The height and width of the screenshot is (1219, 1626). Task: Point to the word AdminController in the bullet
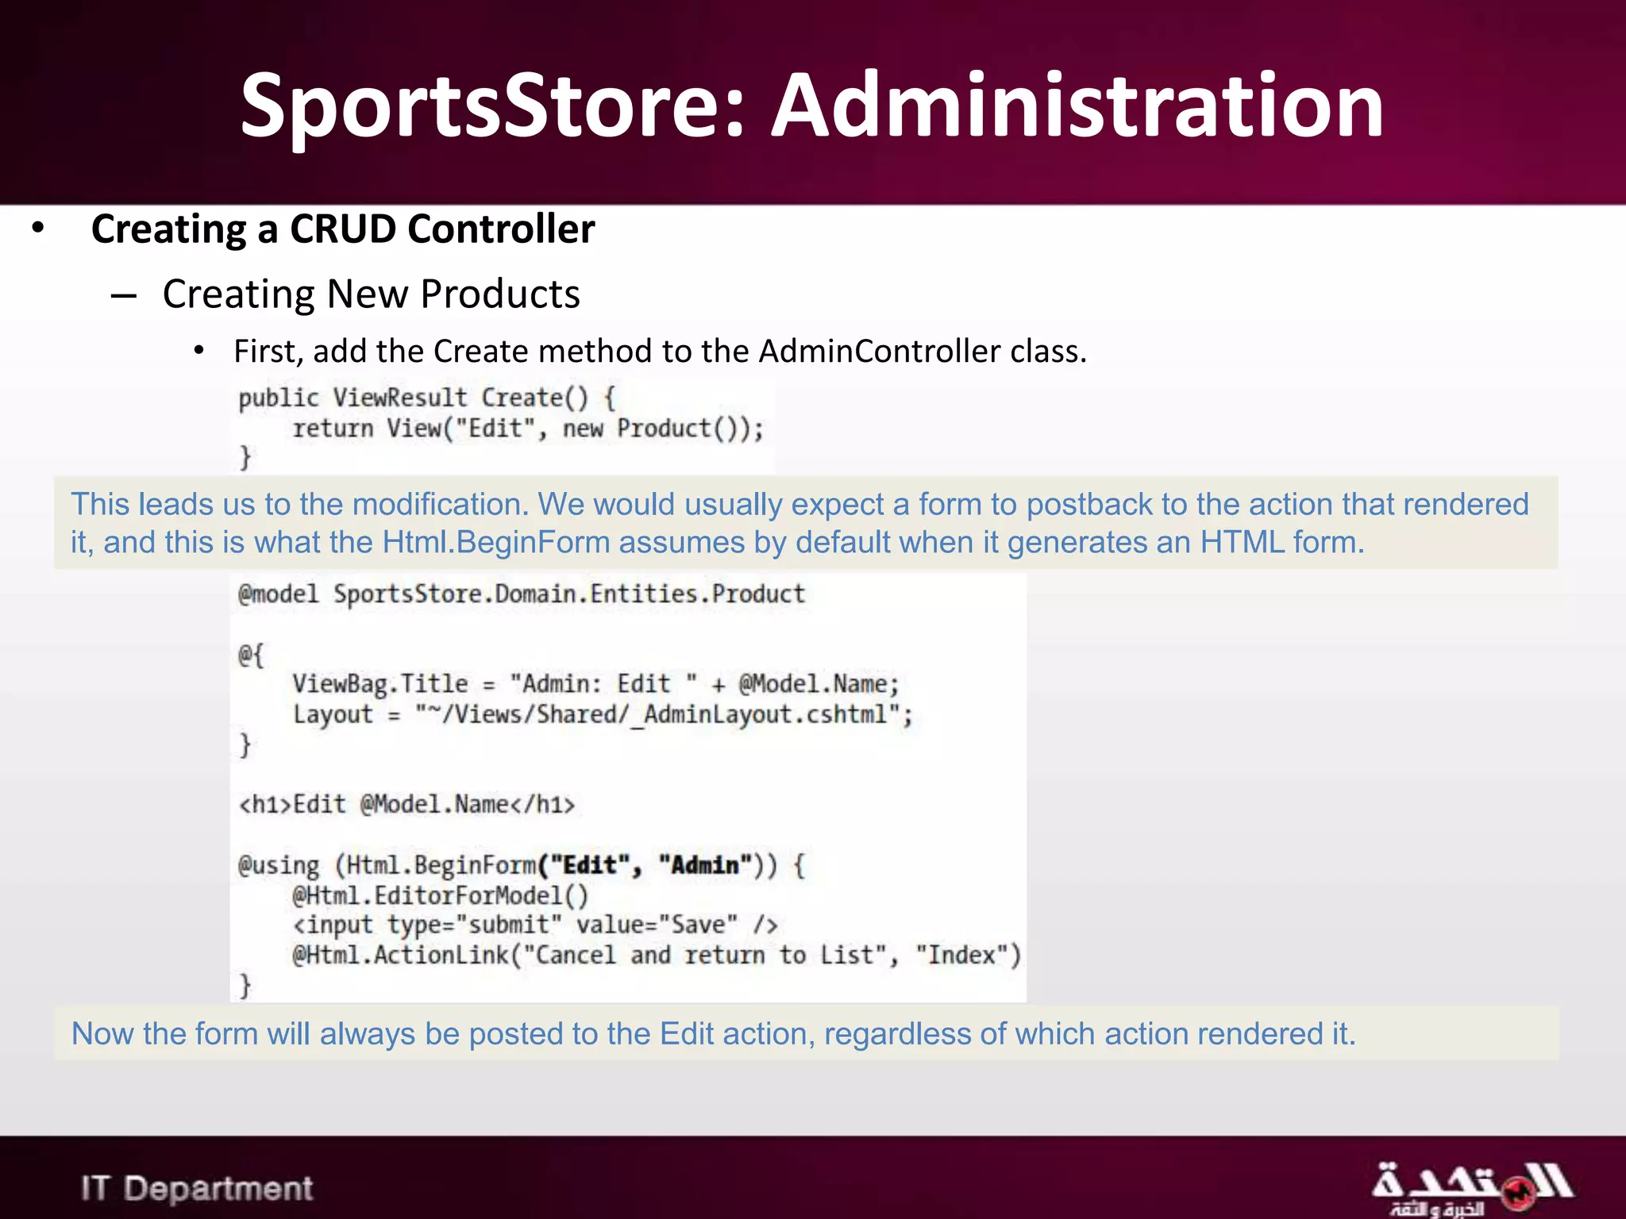click(880, 352)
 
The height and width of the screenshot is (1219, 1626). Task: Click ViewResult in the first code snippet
click(400, 398)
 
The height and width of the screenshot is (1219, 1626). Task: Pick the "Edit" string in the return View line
click(495, 429)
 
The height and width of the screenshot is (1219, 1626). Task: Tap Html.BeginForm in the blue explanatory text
click(496, 543)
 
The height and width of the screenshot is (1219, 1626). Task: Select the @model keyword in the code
click(278, 594)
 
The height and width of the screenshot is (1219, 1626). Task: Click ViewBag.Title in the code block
click(380, 684)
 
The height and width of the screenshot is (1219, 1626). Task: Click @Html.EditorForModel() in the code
click(441, 896)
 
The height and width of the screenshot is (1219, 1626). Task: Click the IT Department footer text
click(197, 1188)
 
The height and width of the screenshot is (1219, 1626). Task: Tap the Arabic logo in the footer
click(1471, 1187)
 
